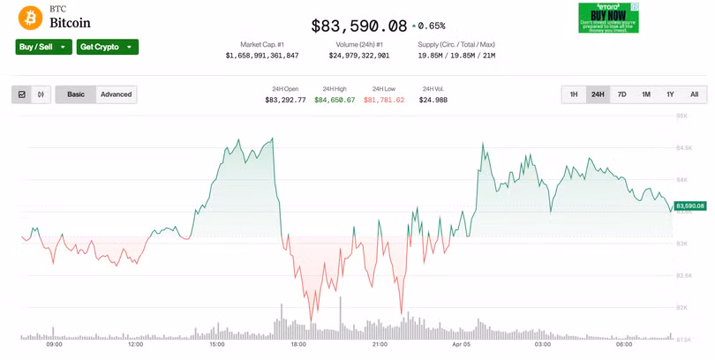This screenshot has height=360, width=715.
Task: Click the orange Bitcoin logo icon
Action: [x=31, y=18]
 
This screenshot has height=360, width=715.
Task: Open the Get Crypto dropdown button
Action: [x=107, y=47]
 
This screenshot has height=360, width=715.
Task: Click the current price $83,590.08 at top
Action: [x=359, y=26]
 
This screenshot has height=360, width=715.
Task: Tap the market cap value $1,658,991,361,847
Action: [x=262, y=56]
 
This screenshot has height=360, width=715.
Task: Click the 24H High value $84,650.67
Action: [x=335, y=100]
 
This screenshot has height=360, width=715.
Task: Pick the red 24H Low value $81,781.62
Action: [x=384, y=100]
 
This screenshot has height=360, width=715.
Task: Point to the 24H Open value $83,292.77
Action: [x=285, y=100]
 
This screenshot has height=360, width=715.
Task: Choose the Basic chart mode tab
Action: [x=76, y=94]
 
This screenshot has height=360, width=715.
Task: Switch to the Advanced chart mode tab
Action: [x=116, y=94]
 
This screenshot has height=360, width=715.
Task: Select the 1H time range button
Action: [x=574, y=94]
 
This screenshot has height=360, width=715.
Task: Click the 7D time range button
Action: [x=621, y=94]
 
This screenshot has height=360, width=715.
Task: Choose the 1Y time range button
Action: [x=670, y=94]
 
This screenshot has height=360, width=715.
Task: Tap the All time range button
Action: [x=694, y=94]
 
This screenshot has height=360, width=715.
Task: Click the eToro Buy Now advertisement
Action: [x=608, y=18]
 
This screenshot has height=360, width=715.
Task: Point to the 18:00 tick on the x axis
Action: [x=298, y=345]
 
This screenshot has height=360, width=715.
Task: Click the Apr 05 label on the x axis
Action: [x=462, y=345]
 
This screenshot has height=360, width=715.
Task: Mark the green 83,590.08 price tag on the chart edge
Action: [x=689, y=206]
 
